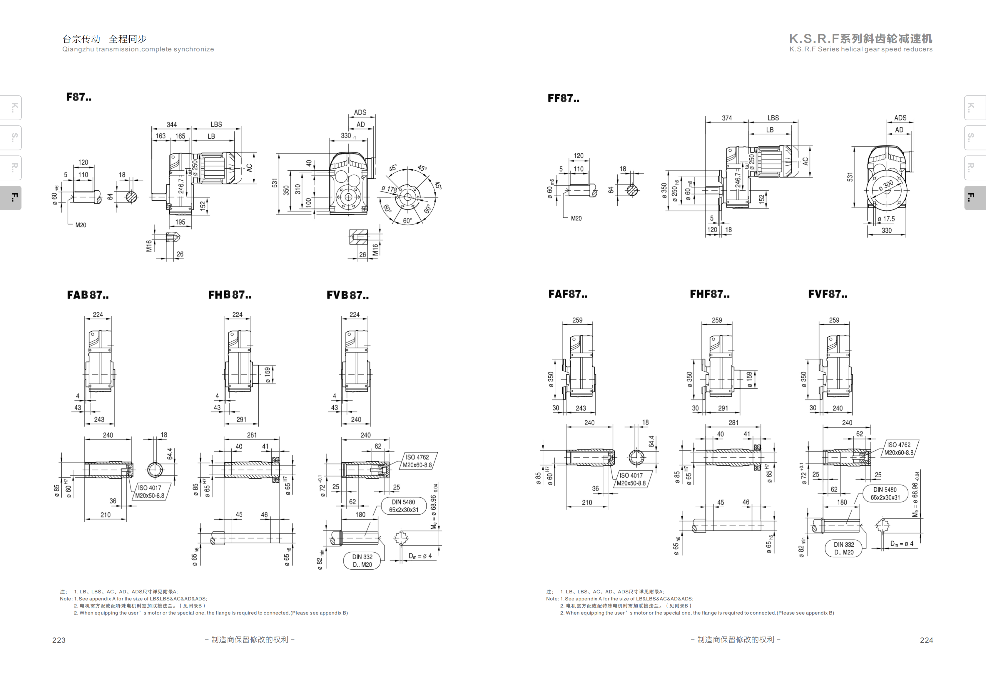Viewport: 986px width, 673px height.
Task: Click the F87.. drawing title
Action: (x=78, y=97)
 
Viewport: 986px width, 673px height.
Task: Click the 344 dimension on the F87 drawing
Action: (x=171, y=125)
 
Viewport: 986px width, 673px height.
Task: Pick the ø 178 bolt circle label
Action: (x=389, y=189)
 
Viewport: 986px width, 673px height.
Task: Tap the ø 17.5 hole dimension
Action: (x=886, y=219)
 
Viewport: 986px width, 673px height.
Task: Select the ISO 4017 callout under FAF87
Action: (x=631, y=479)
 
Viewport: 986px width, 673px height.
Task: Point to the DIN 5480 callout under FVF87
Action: (x=885, y=494)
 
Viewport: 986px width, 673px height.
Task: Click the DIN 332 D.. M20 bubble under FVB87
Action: (x=362, y=560)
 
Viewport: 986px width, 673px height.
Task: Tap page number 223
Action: (x=59, y=640)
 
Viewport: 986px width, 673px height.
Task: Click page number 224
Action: (x=927, y=640)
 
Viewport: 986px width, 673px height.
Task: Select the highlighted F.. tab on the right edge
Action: (x=975, y=198)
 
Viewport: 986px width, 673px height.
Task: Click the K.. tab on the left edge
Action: (x=11, y=107)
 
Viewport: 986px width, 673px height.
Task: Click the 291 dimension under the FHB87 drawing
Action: (x=241, y=420)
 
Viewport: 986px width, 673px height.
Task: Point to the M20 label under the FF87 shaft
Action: (x=576, y=218)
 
